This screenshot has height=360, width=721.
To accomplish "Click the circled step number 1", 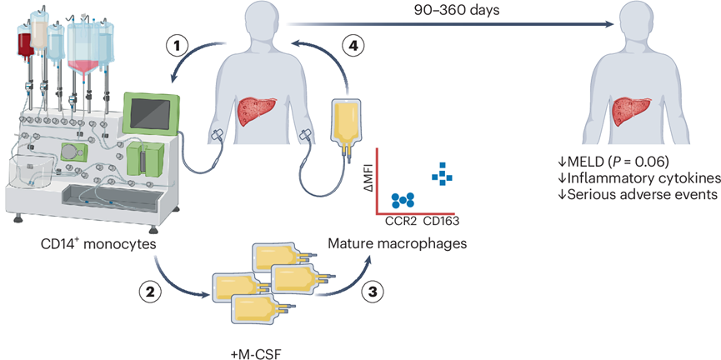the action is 177,46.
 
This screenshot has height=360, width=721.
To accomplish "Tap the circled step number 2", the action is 153,291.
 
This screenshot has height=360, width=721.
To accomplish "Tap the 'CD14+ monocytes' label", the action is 98,243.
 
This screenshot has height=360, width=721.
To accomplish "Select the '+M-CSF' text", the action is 255,353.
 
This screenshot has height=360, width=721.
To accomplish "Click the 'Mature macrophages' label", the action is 398,243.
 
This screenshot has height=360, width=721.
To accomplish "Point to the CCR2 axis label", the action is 401,221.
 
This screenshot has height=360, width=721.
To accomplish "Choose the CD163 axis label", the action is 442,221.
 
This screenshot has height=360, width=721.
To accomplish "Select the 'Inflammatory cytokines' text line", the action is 638,178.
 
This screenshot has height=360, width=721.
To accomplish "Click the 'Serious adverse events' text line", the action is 638,194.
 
